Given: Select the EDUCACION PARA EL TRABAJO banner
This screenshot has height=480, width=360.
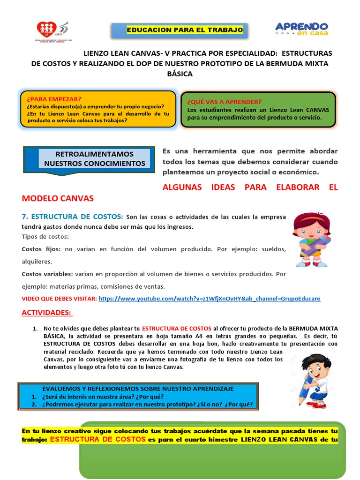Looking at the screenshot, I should (x=185, y=30).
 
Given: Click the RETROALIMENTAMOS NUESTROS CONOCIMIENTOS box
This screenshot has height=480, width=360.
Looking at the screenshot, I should (x=94, y=158).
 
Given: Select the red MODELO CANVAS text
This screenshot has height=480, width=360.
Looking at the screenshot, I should (x=58, y=198).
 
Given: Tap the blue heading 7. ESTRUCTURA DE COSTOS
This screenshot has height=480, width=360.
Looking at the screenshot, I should (x=73, y=216).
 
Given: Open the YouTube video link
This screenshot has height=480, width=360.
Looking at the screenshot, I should (x=210, y=299).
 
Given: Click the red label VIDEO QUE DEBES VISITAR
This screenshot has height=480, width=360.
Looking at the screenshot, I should (x=59, y=299).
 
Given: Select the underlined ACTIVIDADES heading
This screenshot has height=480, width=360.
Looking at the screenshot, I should (x=47, y=312).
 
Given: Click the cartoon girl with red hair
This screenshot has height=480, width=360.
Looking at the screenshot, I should (x=311, y=239).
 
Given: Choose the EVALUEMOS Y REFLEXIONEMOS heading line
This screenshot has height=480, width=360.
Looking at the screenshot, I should (x=138, y=389).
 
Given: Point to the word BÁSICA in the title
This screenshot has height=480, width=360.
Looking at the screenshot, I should (x=180, y=74).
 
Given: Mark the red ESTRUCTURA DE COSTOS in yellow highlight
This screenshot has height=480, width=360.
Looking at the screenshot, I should (x=97, y=440).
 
